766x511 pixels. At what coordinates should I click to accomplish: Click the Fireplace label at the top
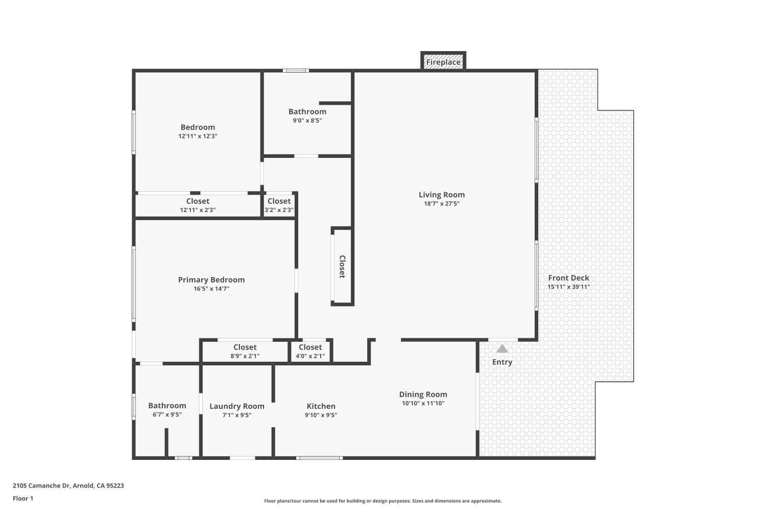coord(443,62)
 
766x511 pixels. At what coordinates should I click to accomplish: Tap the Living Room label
coord(442,194)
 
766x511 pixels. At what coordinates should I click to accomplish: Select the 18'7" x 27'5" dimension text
coord(442,203)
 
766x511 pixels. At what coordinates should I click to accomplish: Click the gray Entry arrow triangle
coord(502,349)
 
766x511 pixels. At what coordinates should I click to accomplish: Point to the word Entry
coord(502,362)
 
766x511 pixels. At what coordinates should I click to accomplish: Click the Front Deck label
coord(568,278)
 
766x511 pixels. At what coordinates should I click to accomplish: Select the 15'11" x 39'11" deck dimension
coord(568,287)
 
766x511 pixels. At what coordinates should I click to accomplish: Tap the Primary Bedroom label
coord(211,280)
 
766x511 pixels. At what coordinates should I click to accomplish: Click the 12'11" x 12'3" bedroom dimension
coord(198,136)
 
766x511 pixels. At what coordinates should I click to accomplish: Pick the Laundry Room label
coord(237,406)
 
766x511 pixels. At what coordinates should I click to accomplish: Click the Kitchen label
coord(321,406)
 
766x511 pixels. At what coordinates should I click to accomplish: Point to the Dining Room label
coord(423,394)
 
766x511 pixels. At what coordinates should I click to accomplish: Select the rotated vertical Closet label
coord(342,267)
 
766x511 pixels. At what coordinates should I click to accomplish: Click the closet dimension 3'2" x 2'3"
coord(279,210)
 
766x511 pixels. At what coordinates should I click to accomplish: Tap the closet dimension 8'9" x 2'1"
coord(245,356)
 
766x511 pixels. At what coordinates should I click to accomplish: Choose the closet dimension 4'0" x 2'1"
coord(310,356)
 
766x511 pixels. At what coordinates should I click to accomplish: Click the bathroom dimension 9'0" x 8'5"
coord(307,121)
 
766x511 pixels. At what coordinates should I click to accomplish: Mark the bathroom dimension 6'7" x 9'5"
coord(167,415)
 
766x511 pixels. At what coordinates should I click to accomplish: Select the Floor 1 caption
coord(23,498)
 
